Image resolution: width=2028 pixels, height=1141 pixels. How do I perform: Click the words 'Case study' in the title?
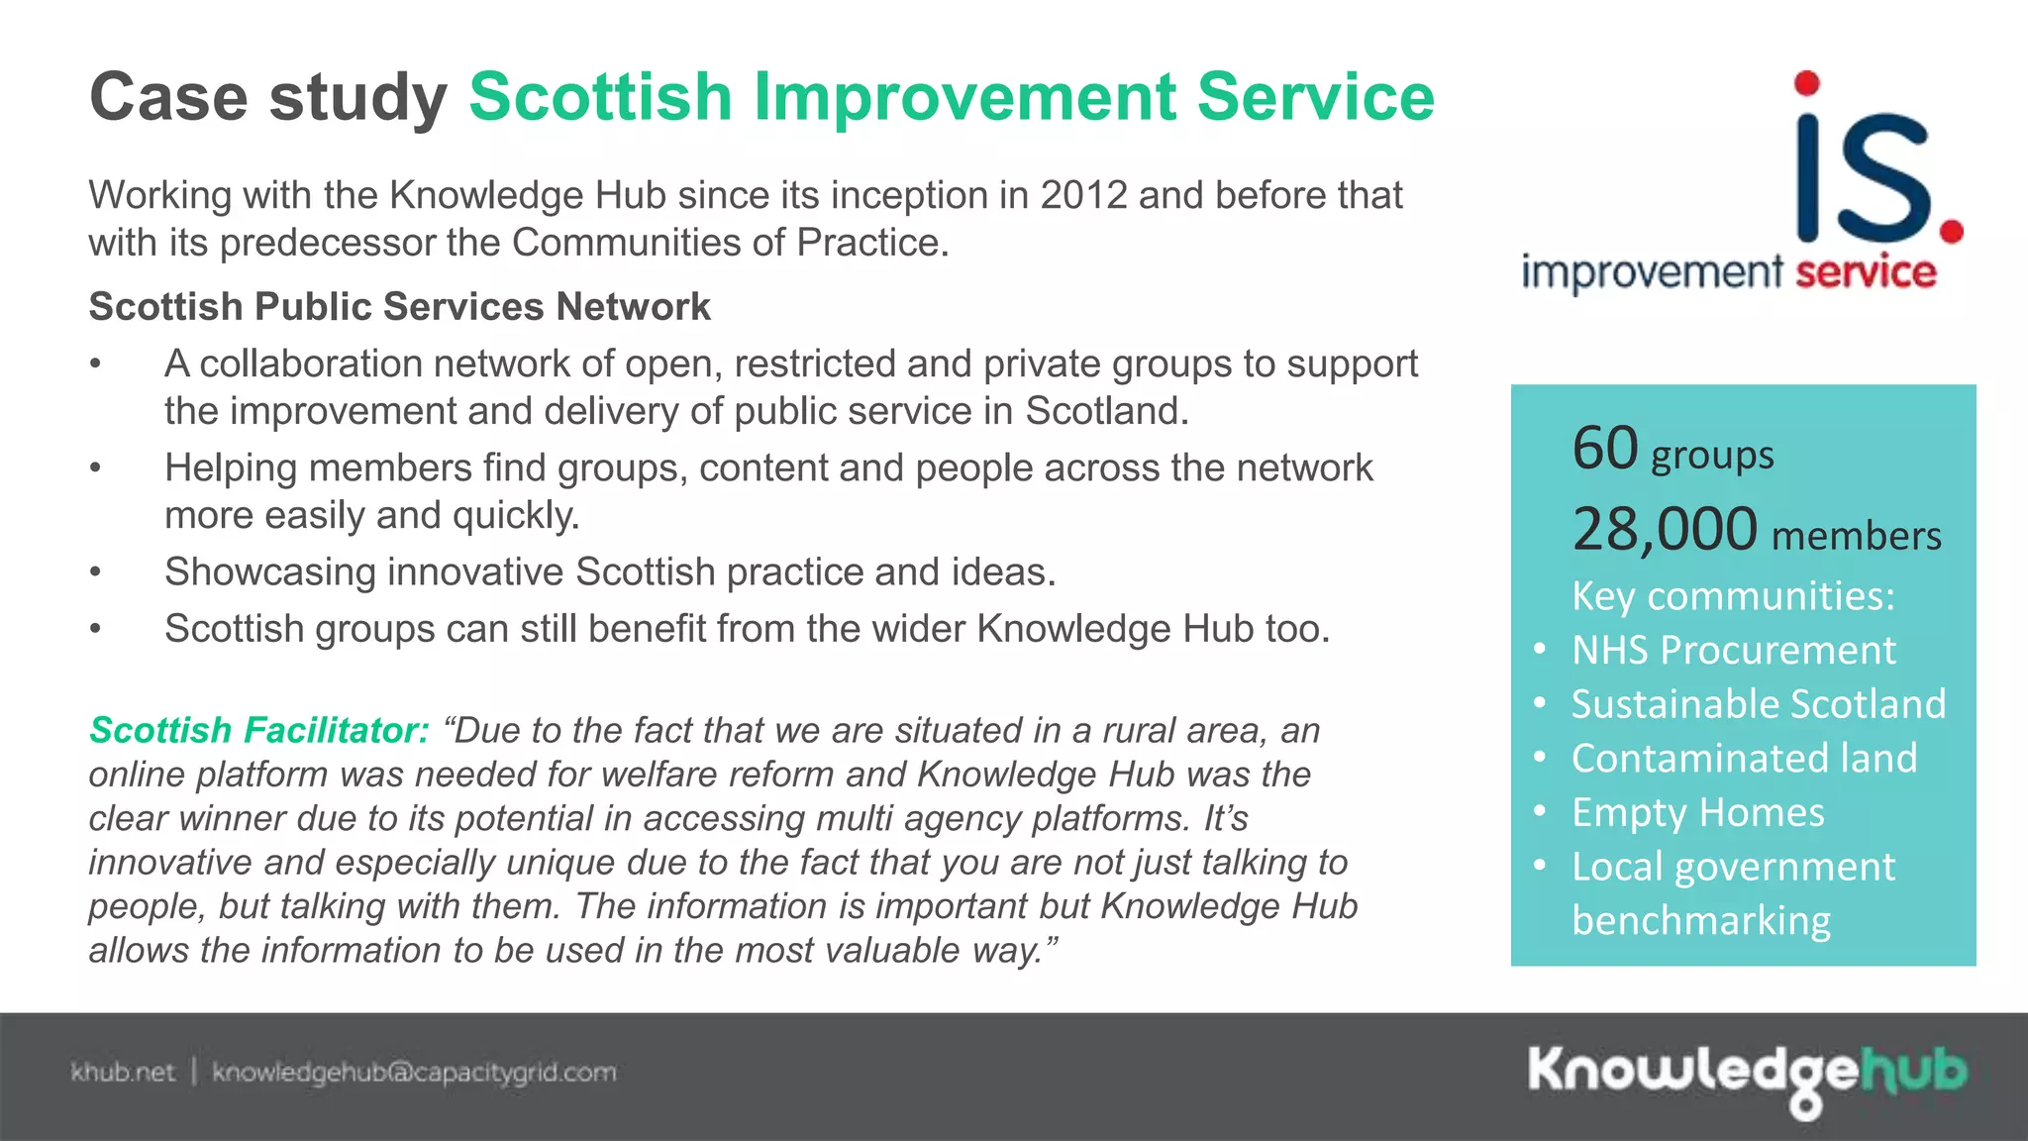tap(267, 98)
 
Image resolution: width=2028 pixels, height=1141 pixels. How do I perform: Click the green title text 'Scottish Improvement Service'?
tap(951, 98)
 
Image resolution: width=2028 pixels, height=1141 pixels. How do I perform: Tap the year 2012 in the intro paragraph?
tap(1083, 195)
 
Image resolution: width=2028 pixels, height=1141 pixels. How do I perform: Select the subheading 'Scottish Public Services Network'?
tap(399, 307)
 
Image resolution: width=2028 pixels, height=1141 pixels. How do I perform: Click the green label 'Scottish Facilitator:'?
tap(259, 731)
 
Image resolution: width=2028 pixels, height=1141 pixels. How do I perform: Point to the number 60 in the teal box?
tap(1605, 449)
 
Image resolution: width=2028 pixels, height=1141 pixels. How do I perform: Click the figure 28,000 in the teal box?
tap(1665, 530)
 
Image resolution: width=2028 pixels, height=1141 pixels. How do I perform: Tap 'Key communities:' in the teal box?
tap(1733, 596)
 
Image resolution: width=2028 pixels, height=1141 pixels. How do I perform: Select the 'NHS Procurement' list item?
tap(1733, 651)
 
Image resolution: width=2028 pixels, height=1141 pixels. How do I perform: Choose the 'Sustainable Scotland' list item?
tap(1759, 704)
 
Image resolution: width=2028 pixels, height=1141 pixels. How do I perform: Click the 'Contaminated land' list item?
tap(1744, 759)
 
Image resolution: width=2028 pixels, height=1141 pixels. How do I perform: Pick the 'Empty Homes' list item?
tap(1697, 813)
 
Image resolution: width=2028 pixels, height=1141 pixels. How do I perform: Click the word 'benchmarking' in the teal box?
tap(1700, 921)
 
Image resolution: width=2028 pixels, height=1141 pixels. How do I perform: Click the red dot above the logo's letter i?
tap(1807, 83)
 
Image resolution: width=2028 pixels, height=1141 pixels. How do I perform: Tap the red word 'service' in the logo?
tap(1866, 272)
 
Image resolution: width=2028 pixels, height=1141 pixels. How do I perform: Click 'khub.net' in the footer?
tap(123, 1073)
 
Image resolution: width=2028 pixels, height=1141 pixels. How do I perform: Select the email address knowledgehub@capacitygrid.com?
tap(414, 1073)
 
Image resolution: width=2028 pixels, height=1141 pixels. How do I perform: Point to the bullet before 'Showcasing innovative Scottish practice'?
tap(95, 572)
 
